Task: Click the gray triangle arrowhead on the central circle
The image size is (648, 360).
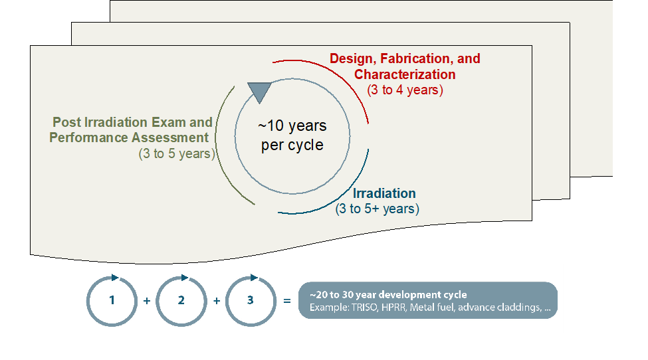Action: (x=259, y=91)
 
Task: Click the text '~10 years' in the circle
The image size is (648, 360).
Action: (x=292, y=126)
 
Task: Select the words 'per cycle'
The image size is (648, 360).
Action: (x=292, y=145)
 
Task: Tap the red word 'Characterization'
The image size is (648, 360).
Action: (x=405, y=74)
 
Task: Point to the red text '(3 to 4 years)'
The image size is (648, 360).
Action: (x=405, y=90)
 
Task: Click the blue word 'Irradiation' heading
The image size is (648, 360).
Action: (x=384, y=193)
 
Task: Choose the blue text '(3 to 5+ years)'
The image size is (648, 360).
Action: (x=377, y=209)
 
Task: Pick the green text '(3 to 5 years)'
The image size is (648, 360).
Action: (x=177, y=154)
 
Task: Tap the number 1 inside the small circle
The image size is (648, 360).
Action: (x=112, y=300)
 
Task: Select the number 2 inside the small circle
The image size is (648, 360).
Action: (x=181, y=300)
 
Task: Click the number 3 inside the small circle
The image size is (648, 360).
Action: (x=250, y=300)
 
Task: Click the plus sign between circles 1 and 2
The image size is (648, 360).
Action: (x=147, y=301)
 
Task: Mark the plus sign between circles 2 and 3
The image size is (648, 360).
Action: (x=217, y=301)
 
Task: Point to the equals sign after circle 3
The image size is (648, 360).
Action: (x=287, y=301)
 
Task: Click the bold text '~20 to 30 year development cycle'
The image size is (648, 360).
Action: (x=388, y=295)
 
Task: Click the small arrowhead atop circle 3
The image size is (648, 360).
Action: (x=254, y=278)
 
